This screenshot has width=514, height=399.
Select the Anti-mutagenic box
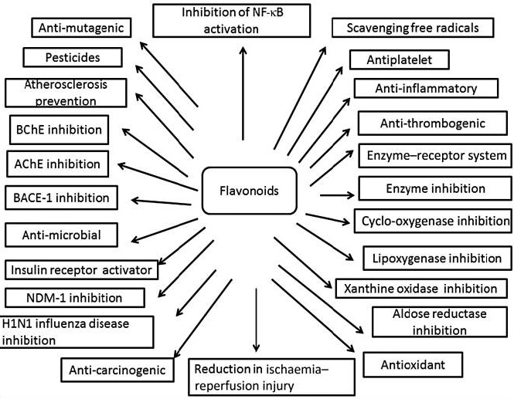coord(81,29)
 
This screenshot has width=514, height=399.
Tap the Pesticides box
coord(73,58)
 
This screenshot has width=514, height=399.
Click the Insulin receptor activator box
coord(83,271)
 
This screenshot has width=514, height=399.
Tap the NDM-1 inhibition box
coord(74,297)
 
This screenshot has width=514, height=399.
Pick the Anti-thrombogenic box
coord(431,123)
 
